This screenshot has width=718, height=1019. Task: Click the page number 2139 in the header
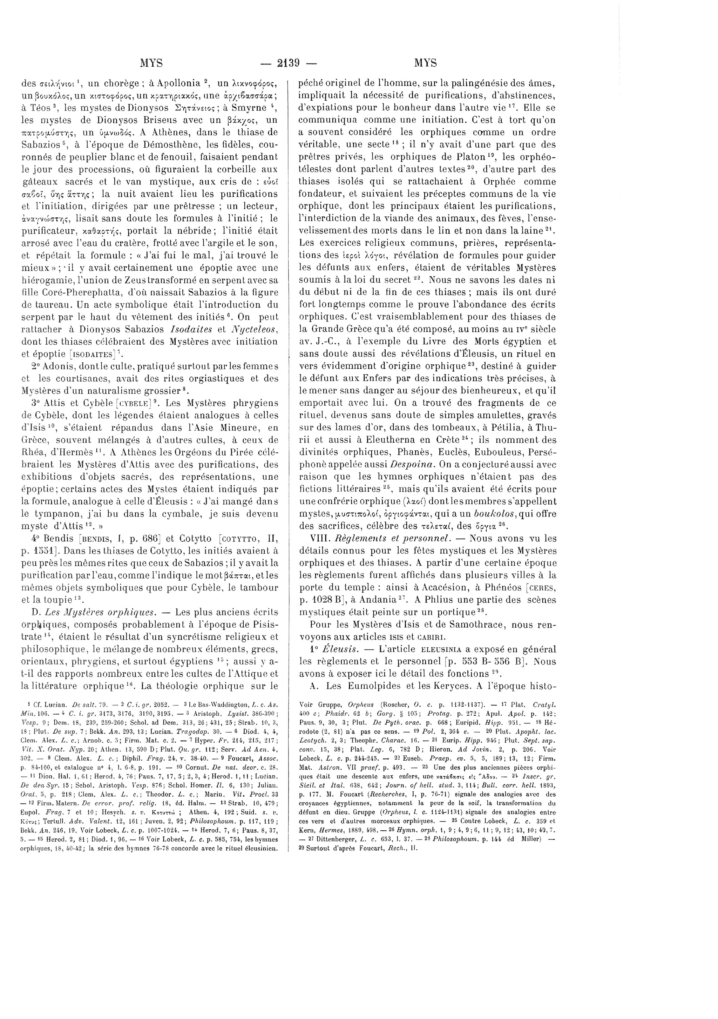tap(289, 63)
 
